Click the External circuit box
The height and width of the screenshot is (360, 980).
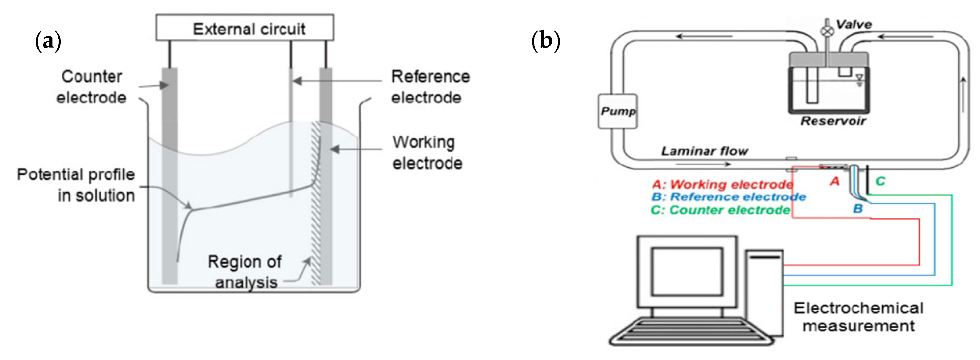pos(245,28)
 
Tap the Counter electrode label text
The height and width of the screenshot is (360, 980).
pos(92,87)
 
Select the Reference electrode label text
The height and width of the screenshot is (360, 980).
pos(430,87)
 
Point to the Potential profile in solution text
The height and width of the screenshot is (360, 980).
pos(76,185)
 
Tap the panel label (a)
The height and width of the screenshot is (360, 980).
pos(48,41)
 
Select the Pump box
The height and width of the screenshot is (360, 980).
pos(617,111)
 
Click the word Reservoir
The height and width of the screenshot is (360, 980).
pos(833,121)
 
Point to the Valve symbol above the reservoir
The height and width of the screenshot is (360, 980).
pos(826,31)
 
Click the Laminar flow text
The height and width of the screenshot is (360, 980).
pos(704,151)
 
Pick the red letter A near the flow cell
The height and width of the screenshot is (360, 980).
pos(834,181)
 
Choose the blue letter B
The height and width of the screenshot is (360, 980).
pos(857,208)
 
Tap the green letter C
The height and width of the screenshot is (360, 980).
pos(880,181)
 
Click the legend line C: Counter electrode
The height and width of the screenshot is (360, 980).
pos(720,210)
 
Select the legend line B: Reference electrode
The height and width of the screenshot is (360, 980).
pos(728,197)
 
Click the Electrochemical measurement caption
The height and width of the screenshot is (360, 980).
pos(858,316)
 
